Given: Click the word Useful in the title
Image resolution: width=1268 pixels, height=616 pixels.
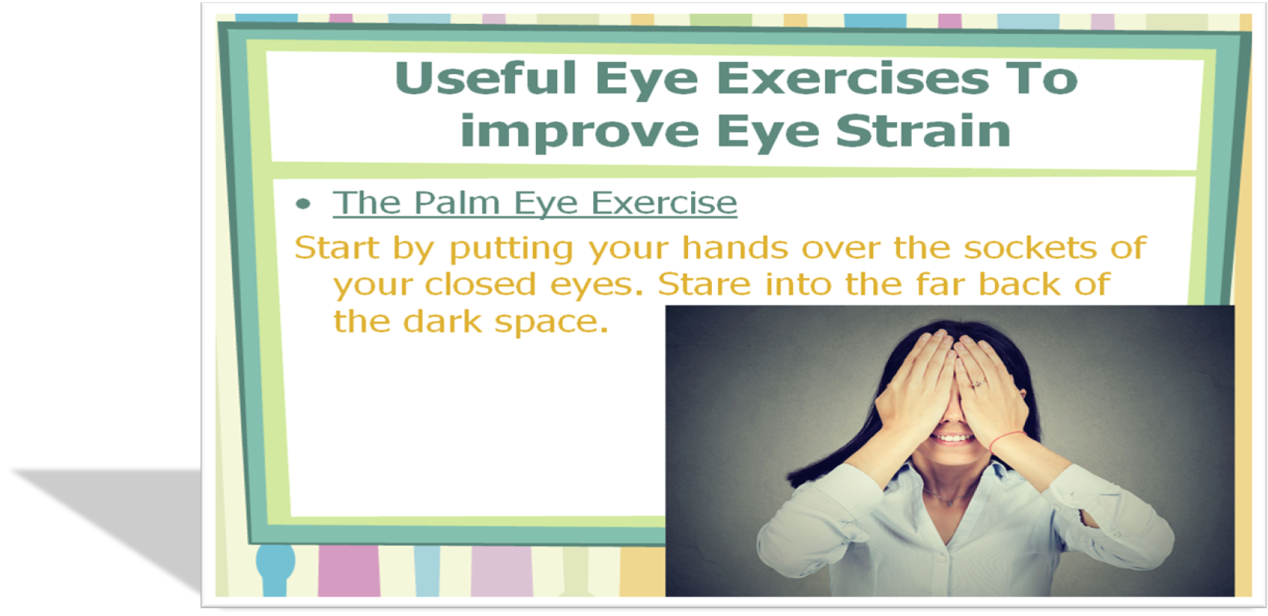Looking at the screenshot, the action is point(486,78).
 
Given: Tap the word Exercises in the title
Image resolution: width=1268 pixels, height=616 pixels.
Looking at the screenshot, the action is point(853,78).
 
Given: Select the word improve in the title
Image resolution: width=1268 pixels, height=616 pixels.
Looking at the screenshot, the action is point(579,132).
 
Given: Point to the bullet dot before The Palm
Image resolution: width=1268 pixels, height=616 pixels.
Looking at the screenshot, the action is point(303,204).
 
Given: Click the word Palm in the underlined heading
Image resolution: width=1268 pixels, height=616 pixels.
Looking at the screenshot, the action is point(457,202).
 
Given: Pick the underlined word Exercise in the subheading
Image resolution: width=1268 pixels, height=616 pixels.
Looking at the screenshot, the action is point(664,202).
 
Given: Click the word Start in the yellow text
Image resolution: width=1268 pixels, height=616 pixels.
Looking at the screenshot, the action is point(336,248).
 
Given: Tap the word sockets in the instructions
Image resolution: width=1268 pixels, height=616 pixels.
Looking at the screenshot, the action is point(1030,248).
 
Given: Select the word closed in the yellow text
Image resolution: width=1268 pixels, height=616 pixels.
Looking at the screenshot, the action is point(480,284).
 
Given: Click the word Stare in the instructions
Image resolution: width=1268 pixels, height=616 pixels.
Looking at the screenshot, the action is point(704,284).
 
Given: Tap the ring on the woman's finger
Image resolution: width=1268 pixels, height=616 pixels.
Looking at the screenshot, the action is point(978,384).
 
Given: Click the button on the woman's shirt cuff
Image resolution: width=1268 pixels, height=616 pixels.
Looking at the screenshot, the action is point(1116,534).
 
